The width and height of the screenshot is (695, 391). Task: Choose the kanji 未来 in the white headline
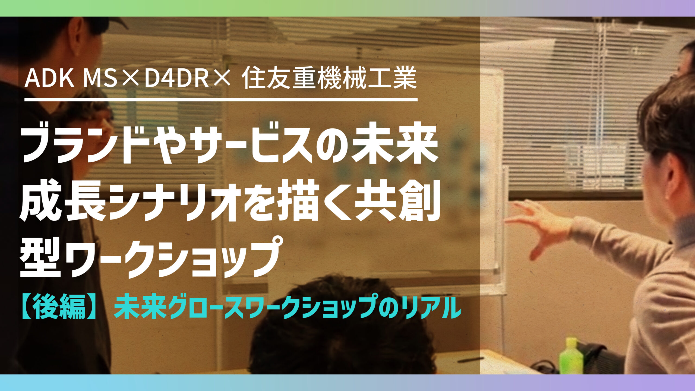[395, 146]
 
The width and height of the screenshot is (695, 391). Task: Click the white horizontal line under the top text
[221, 100]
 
